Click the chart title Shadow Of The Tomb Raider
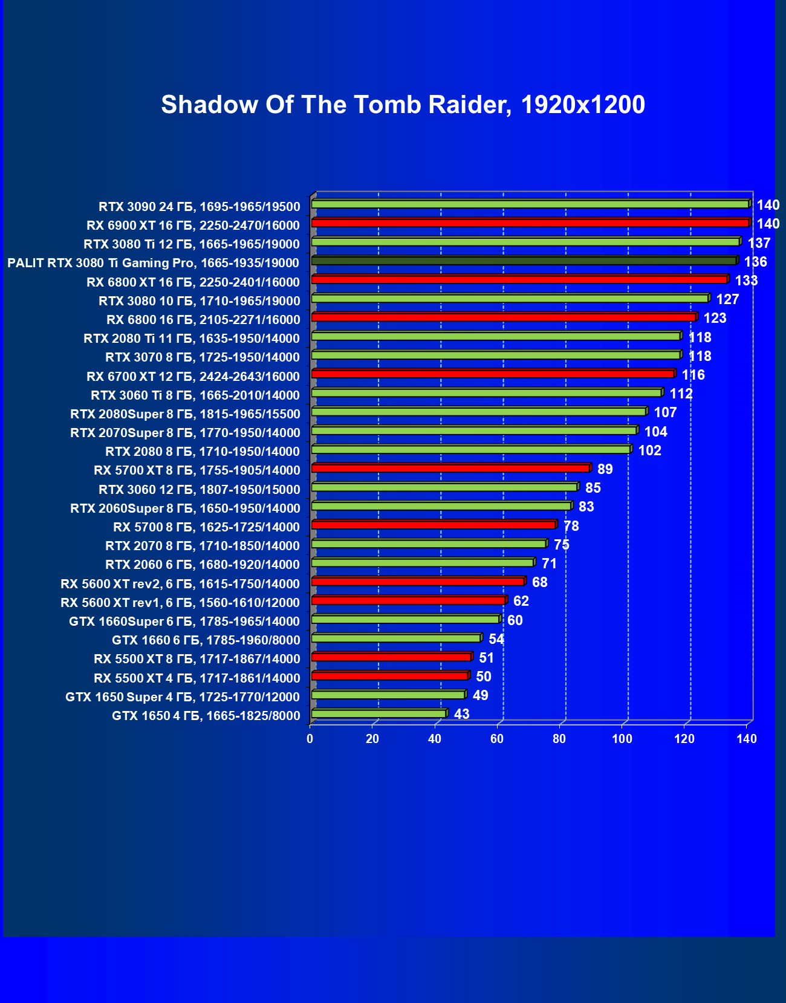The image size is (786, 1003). [x=403, y=105]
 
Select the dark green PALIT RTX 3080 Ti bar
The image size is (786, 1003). [x=524, y=261]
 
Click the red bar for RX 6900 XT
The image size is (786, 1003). [x=530, y=223]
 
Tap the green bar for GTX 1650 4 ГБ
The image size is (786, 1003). [x=379, y=714]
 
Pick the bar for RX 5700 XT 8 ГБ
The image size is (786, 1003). [x=450, y=469]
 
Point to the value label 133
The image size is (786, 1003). [x=746, y=281]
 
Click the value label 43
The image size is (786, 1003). [x=461, y=715]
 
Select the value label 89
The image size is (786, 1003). [x=605, y=469]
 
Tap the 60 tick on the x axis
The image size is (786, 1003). [x=497, y=739]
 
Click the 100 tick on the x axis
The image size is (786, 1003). [x=622, y=739]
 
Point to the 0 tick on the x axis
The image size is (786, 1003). [x=310, y=739]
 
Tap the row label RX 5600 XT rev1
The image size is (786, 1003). [x=180, y=603]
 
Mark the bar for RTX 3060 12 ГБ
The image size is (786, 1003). [x=444, y=487]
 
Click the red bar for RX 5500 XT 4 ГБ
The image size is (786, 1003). [x=390, y=676]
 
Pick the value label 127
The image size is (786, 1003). [x=727, y=299]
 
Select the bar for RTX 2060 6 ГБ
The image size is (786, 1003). [x=423, y=563]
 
